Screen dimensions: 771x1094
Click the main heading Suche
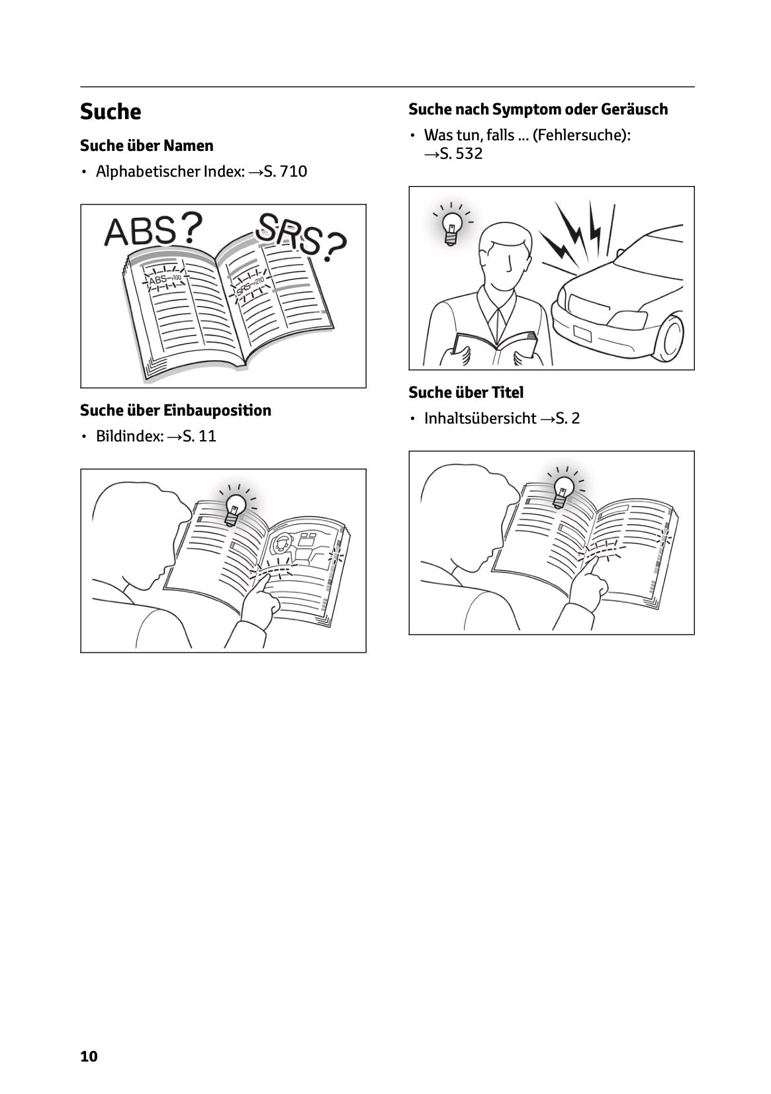coord(111,111)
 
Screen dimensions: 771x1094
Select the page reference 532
coord(469,154)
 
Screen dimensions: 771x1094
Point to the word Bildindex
coord(130,436)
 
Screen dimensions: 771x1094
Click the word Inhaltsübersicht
coord(480,418)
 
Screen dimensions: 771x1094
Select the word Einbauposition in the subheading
coord(217,410)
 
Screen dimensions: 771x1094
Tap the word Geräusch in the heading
coord(634,109)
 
